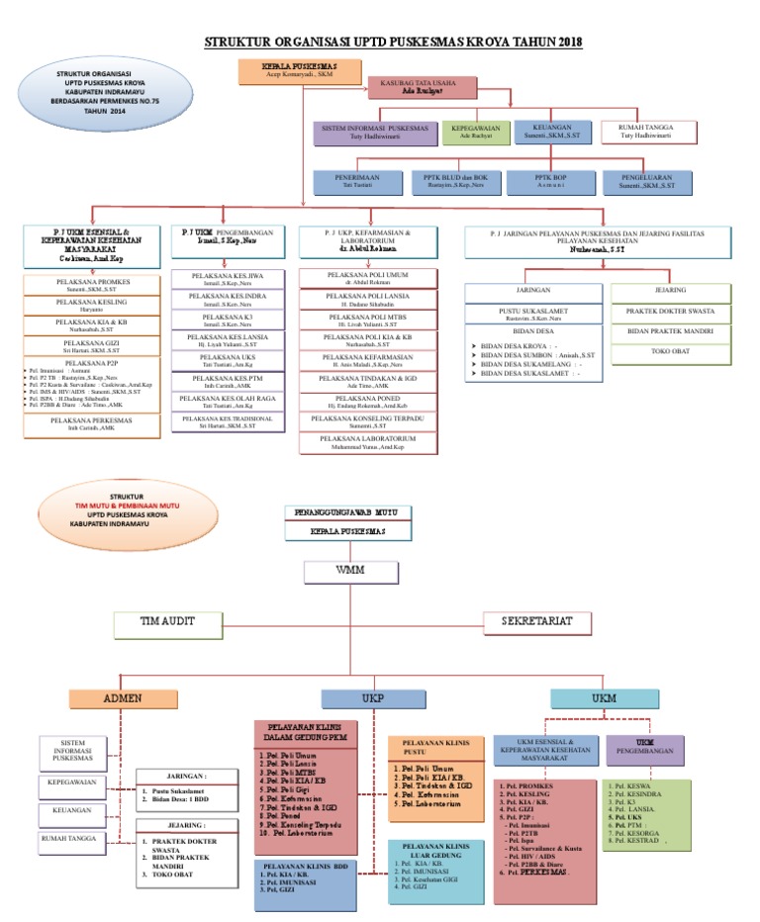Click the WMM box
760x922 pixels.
click(x=340, y=571)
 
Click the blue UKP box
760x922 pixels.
click(x=372, y=698)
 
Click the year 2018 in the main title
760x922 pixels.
click(x=563, y=42)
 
